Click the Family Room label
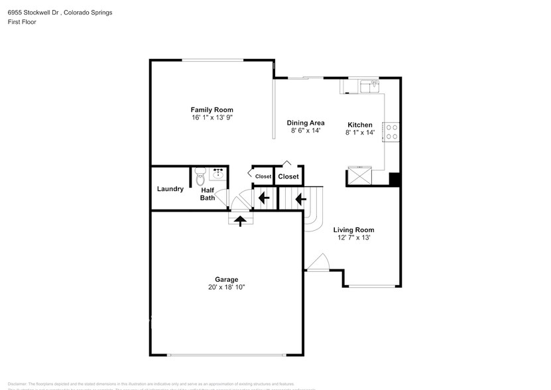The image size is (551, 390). click(212, 109)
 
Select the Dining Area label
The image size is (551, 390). click(305, 123)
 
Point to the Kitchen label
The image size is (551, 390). click(360, 125)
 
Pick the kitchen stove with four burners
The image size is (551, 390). click(391, 132)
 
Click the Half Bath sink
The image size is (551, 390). click(217, 173)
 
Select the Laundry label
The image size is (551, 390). click(170, 189)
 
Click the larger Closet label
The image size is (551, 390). click(288, 176)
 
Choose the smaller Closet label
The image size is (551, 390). click(263, 176)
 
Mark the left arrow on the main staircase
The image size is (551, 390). click(300, 197)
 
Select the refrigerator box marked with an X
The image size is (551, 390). click(360, 176)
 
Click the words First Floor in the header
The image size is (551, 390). click(21, 22)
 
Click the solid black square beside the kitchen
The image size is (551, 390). click(394, 178)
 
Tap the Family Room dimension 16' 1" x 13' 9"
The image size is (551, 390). click(212, 117)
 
